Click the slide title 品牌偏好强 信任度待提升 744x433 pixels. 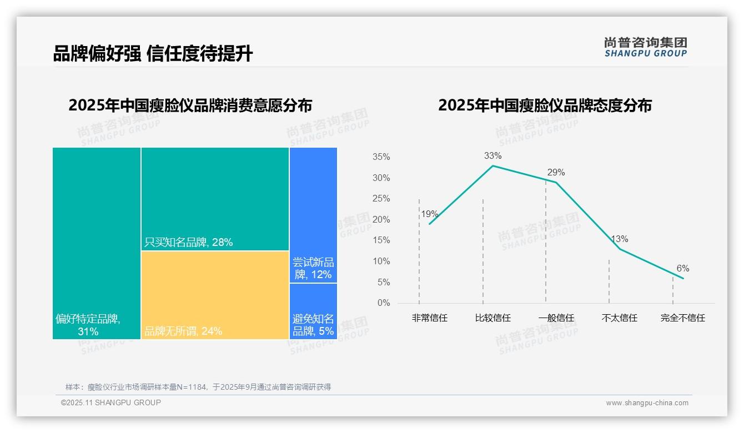coord(153,53)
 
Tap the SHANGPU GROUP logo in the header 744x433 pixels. coord(645,47)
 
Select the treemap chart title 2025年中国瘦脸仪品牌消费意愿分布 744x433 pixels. coord(190,105)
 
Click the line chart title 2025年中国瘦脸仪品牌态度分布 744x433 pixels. coord(545,105)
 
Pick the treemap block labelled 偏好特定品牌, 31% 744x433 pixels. coord(97,243)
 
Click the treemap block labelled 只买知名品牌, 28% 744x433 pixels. coord(215,199)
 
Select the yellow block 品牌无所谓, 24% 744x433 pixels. coord(215,295)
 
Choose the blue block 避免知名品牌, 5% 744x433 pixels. coord(313,311)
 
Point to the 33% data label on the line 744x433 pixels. coord(492,156)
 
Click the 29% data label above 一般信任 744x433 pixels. coord(556,173)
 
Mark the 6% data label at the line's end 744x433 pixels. coord(682,269)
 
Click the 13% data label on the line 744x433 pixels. coord(620,239)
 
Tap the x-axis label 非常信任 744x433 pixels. coord(429,318)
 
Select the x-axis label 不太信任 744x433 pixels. coord(619,318)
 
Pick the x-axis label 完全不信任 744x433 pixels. coord(682,318)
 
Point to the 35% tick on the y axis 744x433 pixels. coord(381,157)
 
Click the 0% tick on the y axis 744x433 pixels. coord(384,303)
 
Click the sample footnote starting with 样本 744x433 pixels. coord(198,387)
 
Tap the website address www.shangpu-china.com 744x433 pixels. coord(647,403)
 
